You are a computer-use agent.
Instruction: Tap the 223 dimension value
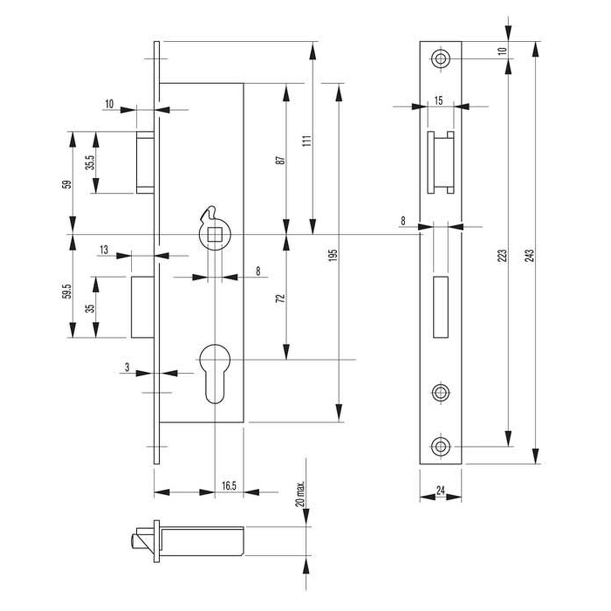coord(503,256)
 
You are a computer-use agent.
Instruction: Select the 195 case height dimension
coord(332,256)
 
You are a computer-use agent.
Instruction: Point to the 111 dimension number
coord(307,141)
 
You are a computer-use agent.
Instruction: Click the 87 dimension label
coord(280,160)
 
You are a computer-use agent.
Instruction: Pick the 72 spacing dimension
coord(280,299)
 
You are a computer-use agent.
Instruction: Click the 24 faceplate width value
coord(440,490)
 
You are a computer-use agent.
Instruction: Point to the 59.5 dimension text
coord(67,291)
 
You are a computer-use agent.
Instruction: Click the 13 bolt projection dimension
coord(104,249)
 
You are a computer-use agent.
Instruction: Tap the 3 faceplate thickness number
coord(127,367)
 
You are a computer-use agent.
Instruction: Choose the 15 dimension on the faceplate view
coord(438,101)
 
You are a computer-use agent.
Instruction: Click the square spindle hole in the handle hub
coord(214,235)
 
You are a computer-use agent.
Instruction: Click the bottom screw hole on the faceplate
coord(440,447)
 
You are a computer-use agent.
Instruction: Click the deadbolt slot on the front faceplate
coord(441,307)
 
